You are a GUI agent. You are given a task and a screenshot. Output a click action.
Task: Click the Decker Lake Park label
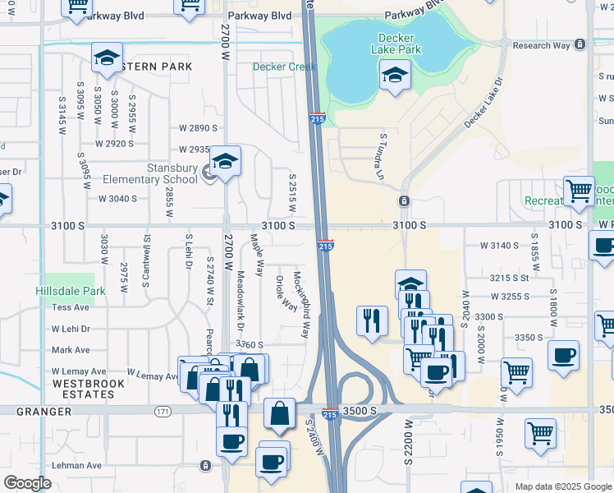tap(401, 44)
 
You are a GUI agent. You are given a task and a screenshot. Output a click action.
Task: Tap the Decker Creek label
tap(284, 67)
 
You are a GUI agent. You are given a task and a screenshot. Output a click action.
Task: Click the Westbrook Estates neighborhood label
tap(89, 389)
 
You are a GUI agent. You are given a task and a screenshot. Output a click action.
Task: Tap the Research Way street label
tap(540, 45)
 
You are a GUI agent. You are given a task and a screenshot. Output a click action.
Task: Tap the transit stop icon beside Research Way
tap(580, 44)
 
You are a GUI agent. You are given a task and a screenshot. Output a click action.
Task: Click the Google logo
tap(27, 483)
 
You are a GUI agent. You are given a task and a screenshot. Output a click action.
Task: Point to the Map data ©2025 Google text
tap(563, 486)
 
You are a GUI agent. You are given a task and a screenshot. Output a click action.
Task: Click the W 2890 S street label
tap(198, 128)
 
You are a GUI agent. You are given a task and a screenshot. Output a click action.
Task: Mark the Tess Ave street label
tap(70, 306)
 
